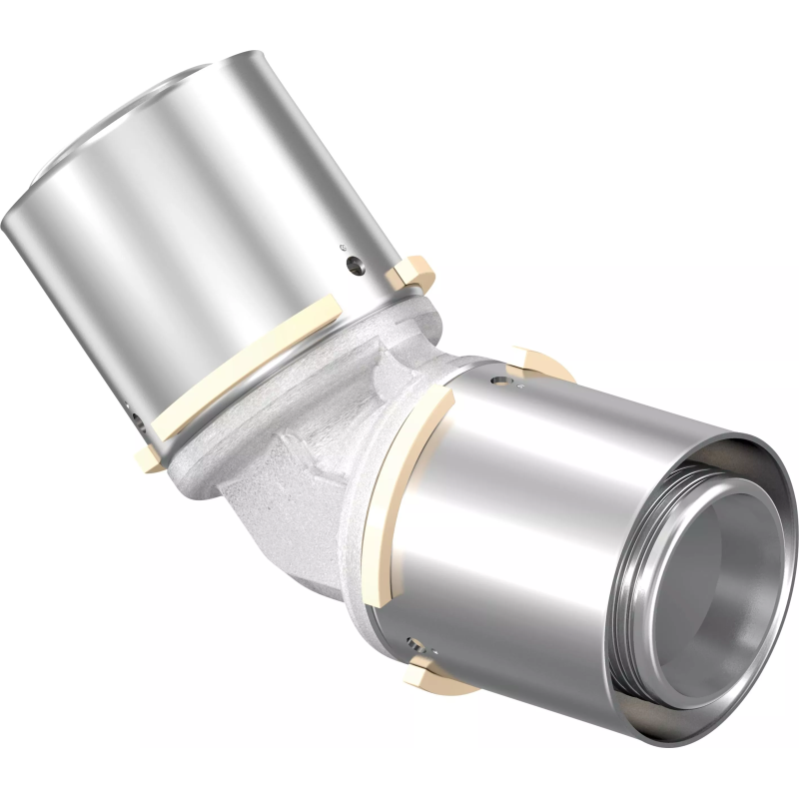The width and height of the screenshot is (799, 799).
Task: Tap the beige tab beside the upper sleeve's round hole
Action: point(412,271)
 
